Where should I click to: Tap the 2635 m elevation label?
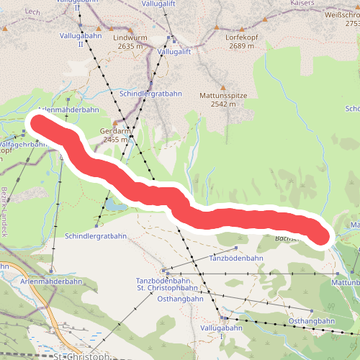pyautogui.click(x=130, y=46)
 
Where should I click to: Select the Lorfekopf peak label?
pyautogui.click(x=241, y=37)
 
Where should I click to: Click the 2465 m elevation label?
pyautogui.click(x=115, y=140)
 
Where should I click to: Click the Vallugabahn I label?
pyautogui.click(x=230, y=332)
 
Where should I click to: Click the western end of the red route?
pyautogui.click(x=38, y=125)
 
